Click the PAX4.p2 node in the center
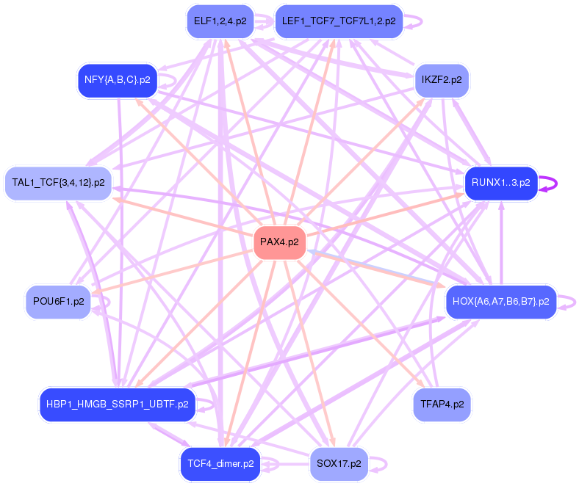(279, 242)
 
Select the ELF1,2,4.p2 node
(220, 21)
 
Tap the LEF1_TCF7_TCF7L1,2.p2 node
(339, 21)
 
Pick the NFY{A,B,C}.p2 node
(118, 79)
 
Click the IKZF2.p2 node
(442, 79)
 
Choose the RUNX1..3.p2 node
(500, 183)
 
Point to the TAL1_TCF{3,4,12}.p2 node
(58, 182)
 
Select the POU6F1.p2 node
(58, 301)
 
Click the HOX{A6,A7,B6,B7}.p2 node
(500, 301)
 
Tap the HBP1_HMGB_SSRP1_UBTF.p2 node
(117, 404)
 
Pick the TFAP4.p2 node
(442, 404)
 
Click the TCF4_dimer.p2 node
(220, 464)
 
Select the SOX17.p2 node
(339, 464)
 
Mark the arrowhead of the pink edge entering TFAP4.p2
(420, 382)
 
